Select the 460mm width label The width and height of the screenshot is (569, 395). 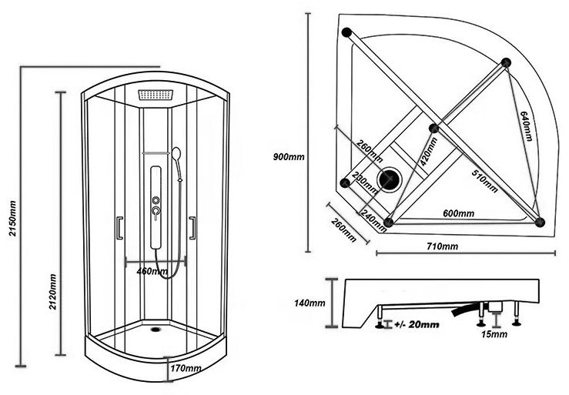click(x=152, y=271)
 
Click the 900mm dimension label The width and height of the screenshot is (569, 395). click(x=290, y=157)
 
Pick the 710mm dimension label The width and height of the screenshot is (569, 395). click(x=442, y=246)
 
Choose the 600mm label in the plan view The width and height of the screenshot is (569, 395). click(x=458, y=213)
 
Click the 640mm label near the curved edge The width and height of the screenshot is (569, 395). click(x=526, y=124)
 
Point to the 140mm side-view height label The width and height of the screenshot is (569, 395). click(x=310, y=303)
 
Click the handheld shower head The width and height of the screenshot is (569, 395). click(x=176, y=154)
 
